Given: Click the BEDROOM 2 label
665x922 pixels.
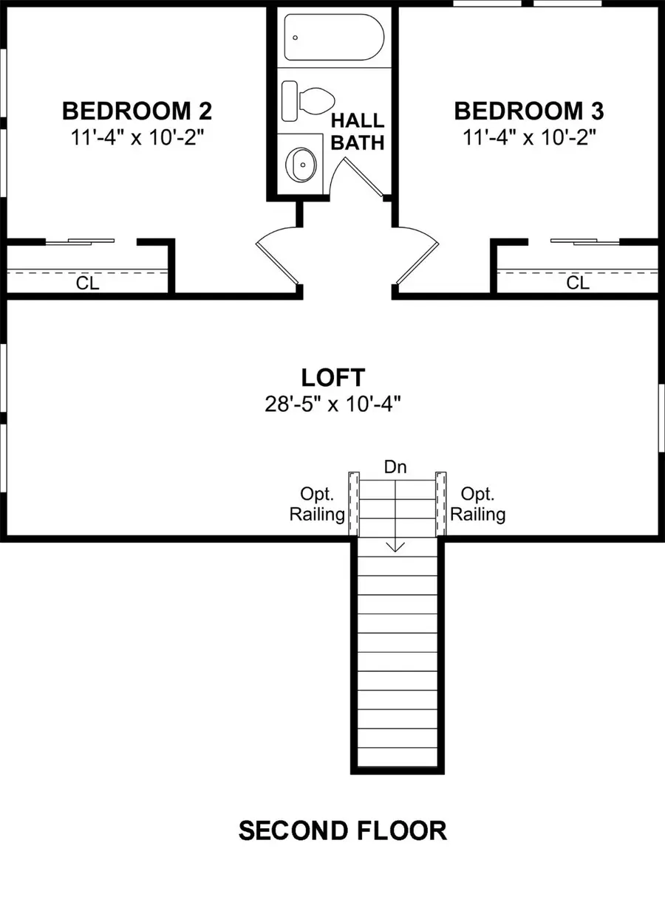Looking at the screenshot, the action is [137, 111].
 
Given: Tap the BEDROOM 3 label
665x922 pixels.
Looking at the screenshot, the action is [529, 111].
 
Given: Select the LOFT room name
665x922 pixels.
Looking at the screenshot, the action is [333, 377].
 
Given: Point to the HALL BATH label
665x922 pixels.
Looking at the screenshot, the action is [358, 131].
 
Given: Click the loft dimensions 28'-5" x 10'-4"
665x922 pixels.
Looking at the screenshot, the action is [333, 404].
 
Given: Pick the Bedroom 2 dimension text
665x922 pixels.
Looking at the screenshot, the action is [137, 137].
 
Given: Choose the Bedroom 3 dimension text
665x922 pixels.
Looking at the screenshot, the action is [530, 137].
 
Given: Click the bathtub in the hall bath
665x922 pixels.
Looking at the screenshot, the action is [334, 38].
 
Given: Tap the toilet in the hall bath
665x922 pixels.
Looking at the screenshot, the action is [308, 101].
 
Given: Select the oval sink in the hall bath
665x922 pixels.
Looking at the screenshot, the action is [301, 165].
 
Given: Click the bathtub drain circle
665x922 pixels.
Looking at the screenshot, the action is [295, 38].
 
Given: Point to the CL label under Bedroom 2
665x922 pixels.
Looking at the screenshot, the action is [87, 283].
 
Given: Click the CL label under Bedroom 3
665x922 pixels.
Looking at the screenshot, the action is [578, 283].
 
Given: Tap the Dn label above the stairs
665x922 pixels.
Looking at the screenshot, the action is [395, 467].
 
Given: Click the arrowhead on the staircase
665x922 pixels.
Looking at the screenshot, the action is [395, 547].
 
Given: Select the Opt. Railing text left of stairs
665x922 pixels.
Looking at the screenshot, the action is [317, 504].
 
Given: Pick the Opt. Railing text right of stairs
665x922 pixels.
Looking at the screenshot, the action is [477, 504].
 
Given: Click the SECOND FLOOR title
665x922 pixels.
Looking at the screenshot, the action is [343, 830].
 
